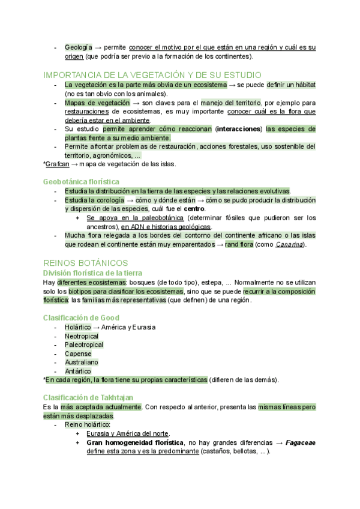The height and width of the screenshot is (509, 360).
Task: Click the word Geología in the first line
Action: coord(79,47)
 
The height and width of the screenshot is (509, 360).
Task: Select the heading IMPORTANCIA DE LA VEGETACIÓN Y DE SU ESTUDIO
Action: coord(152,75)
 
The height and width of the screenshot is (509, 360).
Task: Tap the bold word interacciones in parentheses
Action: coord(239,129)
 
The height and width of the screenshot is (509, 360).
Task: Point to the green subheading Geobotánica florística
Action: coord(81,181)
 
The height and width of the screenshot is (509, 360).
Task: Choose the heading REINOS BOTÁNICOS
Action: coord(86,263)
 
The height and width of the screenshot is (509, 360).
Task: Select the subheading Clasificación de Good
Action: coord(81,318)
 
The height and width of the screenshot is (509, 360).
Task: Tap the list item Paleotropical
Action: coord(84,345)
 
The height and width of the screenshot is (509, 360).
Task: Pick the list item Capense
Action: coord(78,354)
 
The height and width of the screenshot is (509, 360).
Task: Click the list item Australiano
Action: coord(82,363)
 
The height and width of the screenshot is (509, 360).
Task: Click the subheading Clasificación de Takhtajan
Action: coord(88,397)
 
